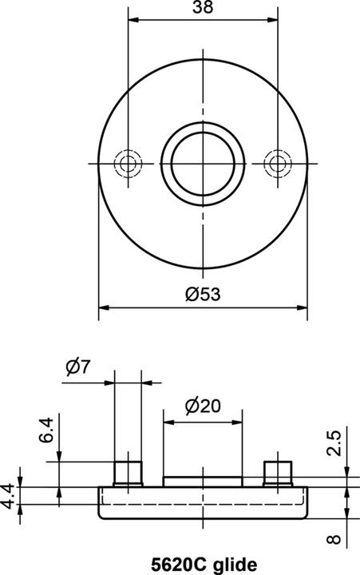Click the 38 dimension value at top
click(203, 8)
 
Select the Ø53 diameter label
click(202, 293)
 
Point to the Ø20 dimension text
click(202, 406)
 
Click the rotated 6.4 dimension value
click(48, 431)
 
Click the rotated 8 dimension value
click(334, 540)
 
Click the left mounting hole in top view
click(127, 163)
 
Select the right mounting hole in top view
click(277, 163)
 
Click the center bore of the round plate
click(202, 163)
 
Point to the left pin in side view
click(128, 473)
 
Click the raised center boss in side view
click(203, 481)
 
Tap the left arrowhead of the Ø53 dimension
click(103, 307)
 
